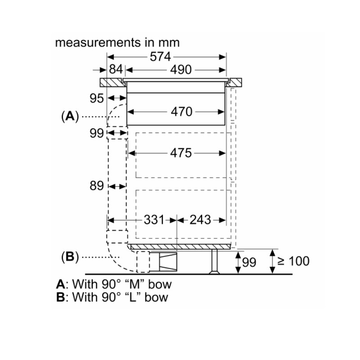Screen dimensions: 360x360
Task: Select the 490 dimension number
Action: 181,70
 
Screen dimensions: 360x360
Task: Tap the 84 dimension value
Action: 116,70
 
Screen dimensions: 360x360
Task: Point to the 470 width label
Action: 181,112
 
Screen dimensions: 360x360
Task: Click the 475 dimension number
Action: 181,153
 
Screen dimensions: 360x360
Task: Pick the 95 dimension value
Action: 97,99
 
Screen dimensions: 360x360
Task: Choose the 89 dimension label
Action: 97,186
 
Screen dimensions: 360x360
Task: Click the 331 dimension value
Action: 154,220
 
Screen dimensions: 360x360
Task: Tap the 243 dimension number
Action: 200,220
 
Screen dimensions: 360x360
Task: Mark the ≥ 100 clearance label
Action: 293,261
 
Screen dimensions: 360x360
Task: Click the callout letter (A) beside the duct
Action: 70,117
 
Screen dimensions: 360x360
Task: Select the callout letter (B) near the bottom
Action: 70,257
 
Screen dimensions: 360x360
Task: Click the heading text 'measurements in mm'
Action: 117,43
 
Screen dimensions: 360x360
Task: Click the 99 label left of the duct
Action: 97,133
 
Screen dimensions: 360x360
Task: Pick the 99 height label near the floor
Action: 249,262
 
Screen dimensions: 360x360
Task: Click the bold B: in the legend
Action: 62,297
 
